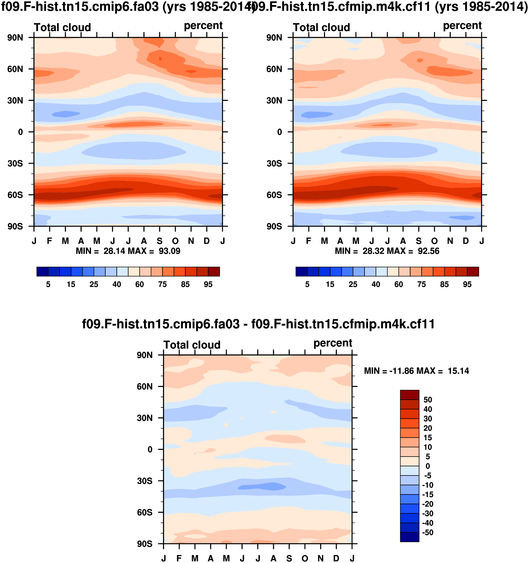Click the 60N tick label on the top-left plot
tap(15, 69)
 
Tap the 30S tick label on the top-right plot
tap(274, 164)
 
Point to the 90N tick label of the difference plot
tap(144, 355)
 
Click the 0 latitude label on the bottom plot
tap(150, 450)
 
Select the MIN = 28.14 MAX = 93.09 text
tap(128, 251)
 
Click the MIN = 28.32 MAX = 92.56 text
tap(387, 251)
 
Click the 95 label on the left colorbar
tap(208, 284)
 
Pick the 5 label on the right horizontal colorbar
tap(307, 284)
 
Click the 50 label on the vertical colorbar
tap(428, 400)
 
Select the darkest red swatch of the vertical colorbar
tap(409, 395)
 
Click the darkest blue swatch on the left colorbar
tap(42, 272)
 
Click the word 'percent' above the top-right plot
tap(462, 26)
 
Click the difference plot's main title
tap(258, 324)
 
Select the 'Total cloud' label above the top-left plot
tap(62, 27)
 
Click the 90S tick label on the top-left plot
tap(15, 227)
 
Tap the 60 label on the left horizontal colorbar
tap(139, 284)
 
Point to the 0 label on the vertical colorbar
tap(428, 466)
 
